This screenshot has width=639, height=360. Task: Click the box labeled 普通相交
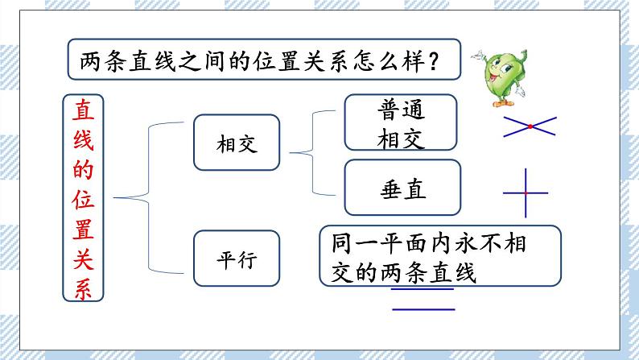click(400, 122)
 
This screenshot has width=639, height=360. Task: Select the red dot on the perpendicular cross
click(525, 193)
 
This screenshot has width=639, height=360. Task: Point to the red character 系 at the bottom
click(83, 287)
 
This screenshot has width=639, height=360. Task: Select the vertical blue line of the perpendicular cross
click(525, 177)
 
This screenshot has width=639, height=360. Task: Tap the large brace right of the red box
click(137, 197)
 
